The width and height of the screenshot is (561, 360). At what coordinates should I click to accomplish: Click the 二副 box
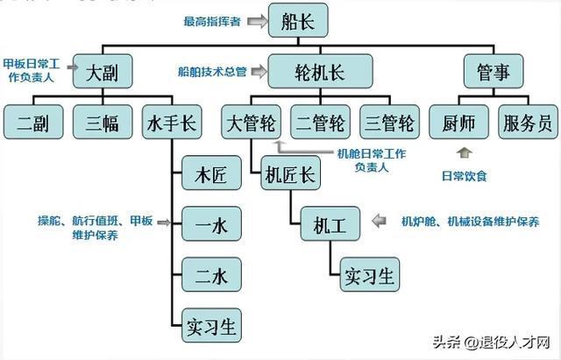click(32, 123)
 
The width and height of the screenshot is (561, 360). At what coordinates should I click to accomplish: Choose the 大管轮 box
click(252, 123)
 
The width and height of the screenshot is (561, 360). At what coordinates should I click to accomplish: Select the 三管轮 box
click(388, 123)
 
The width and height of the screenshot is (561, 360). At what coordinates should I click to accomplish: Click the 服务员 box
click(529, 123)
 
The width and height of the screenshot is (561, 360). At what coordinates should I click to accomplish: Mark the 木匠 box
click(210, 174)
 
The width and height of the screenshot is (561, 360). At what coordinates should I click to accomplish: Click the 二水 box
click(210, 276)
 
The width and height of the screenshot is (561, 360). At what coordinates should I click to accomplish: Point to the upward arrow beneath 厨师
click(464, 154)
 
